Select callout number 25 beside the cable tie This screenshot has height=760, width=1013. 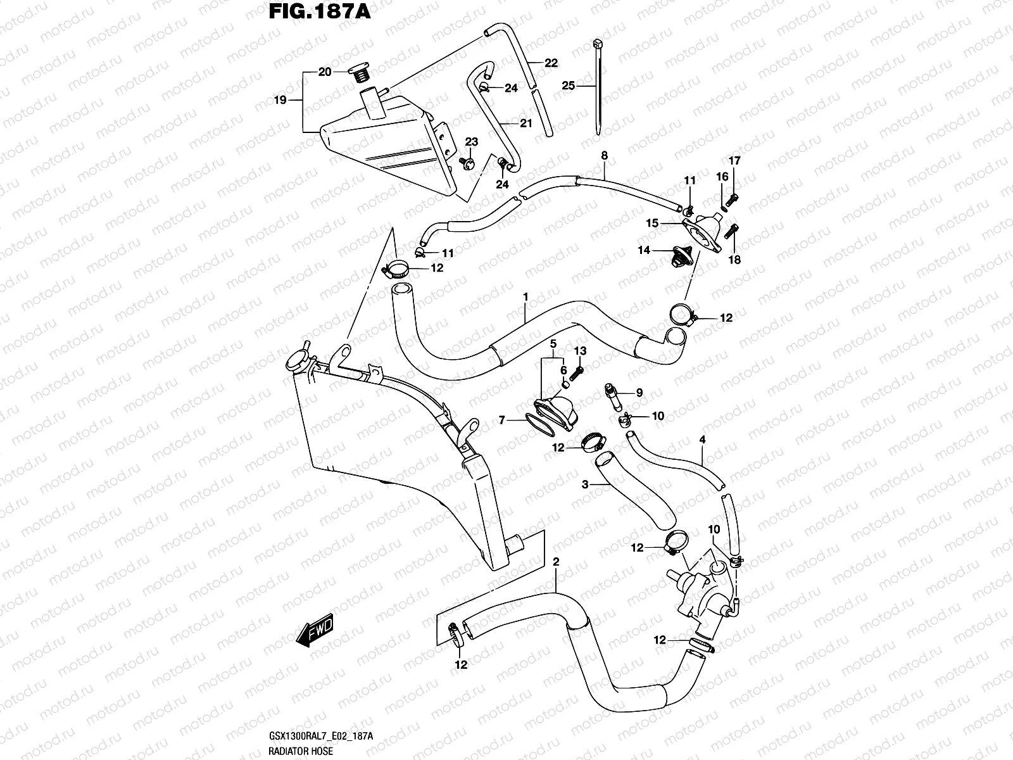568,85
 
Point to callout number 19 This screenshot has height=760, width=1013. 280,100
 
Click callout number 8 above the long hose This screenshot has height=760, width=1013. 604,155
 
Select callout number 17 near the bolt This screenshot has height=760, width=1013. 734,161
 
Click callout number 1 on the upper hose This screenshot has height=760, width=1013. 525,296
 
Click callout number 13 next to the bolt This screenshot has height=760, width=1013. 580,351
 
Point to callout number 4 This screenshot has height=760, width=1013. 702,440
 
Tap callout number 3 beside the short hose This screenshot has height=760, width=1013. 585,484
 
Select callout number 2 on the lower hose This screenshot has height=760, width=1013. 556,562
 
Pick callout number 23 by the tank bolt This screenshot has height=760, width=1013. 472,142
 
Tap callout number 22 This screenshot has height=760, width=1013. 551,63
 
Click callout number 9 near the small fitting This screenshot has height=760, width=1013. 639,393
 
